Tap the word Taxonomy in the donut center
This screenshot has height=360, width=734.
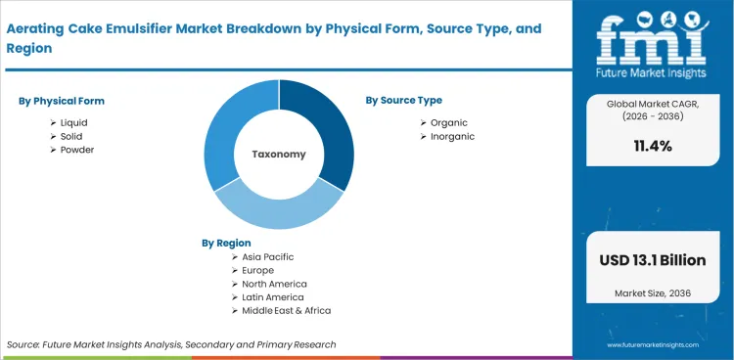[x=279, y=154]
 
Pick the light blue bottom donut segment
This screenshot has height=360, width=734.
[x=279, y=210]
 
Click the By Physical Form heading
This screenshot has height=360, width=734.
[x=62, y=101]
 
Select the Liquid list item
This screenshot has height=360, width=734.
[x=73, y=122]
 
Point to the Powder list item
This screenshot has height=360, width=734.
[x=77, y=150]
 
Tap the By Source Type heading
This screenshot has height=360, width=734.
[x=403, y=100]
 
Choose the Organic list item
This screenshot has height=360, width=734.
[x=448, y=122]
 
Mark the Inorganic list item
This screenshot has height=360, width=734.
[x=452, y=136]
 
